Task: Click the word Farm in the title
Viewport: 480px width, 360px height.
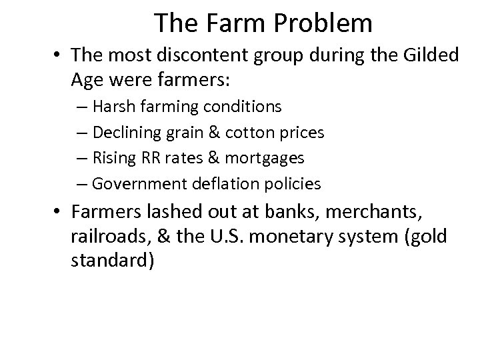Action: tap(227, 24)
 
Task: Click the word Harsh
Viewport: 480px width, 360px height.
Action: tap(117, 107)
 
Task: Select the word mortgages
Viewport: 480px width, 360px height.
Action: tap(266, 158)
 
